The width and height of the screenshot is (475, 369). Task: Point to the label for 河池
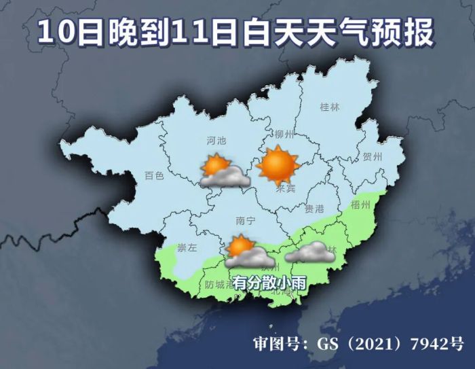215,141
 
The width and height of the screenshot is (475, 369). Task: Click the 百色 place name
154,175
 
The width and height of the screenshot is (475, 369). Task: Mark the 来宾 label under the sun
286,188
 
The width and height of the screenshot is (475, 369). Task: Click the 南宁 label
244,221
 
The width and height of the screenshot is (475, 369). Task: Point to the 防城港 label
218,284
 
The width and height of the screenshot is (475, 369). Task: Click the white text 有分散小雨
265,281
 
